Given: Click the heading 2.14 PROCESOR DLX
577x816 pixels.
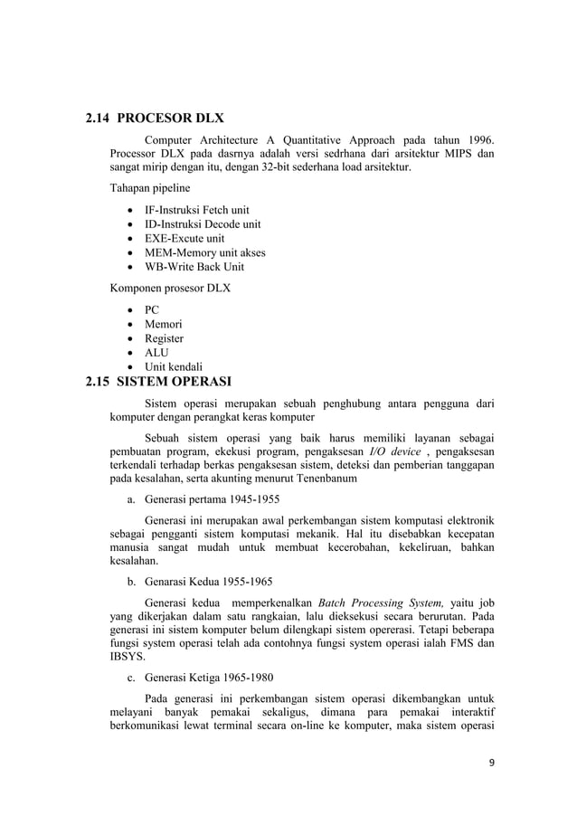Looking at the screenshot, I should tap(154, 118).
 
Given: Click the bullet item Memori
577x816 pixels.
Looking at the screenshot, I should tap(164, 324).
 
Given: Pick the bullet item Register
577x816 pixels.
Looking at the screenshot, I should tap(165, 338).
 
